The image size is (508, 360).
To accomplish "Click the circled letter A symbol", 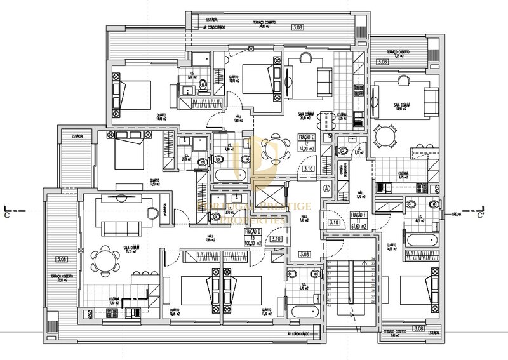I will click(x=326, y=188).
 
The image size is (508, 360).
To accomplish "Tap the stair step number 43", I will click(x=329, y=304).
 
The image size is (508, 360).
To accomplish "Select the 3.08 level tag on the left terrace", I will click(x=62, y=259).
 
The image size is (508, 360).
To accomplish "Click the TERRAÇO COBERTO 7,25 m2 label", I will click(x=399, y=53).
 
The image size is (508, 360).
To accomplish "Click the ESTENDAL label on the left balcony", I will click(x=79, y=136).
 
